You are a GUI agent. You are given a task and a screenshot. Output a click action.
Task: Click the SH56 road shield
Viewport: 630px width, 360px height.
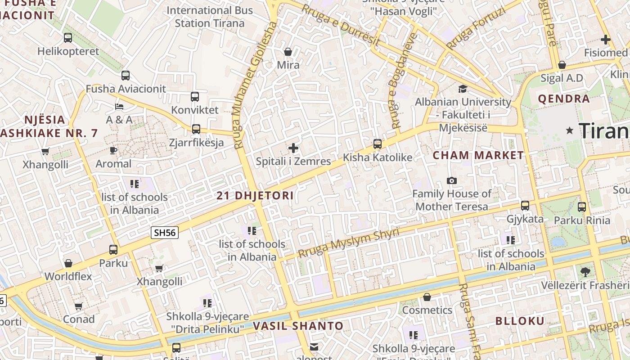tap(164, 233)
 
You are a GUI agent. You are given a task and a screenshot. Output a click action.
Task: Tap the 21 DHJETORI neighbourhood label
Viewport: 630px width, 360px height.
tap(255, 196)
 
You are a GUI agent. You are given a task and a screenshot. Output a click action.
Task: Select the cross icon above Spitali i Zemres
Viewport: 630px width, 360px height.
tap(293, 148)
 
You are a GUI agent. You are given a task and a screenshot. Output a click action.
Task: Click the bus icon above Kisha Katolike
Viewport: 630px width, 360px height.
tap(378, 144)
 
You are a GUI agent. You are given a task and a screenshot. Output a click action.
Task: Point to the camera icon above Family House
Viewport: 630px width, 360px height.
tap(452, 180)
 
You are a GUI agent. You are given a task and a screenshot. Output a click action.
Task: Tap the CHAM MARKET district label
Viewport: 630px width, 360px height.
tap(478, 156)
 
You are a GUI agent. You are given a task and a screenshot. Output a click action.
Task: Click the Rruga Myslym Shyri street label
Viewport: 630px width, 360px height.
tap(348, 243)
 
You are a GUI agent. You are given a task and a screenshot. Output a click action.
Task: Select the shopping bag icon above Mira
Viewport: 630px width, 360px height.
tap(288, 52)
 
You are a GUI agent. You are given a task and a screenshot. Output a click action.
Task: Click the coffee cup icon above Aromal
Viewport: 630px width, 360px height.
tap(113, 150)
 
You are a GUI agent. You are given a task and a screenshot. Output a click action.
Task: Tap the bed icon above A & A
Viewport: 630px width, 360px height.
tap(119, 107)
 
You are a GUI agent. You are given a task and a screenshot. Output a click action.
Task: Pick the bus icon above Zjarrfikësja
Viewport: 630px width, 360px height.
tap(196, 129)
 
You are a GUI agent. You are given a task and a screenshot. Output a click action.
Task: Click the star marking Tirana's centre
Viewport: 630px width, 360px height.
tap(570, 130)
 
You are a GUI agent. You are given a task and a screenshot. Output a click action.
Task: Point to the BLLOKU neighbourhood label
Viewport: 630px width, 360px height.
tap(520, 321)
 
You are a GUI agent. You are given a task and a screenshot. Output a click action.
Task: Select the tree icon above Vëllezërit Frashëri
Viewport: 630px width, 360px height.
tap(585, 272)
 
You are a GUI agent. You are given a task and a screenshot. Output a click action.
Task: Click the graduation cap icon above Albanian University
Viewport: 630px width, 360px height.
tap(463, 89)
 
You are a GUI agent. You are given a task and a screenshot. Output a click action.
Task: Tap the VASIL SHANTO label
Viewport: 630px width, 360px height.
tap(298, 326)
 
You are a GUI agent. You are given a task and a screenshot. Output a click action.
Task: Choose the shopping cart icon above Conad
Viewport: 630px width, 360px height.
tap(79, 306)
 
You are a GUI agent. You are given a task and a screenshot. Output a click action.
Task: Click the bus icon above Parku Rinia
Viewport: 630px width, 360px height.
tap(582, 207)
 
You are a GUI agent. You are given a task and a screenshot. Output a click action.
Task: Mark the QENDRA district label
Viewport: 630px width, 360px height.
tap(563, 99)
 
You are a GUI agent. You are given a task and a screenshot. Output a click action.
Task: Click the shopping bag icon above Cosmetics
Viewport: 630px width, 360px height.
tap(427, 297)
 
